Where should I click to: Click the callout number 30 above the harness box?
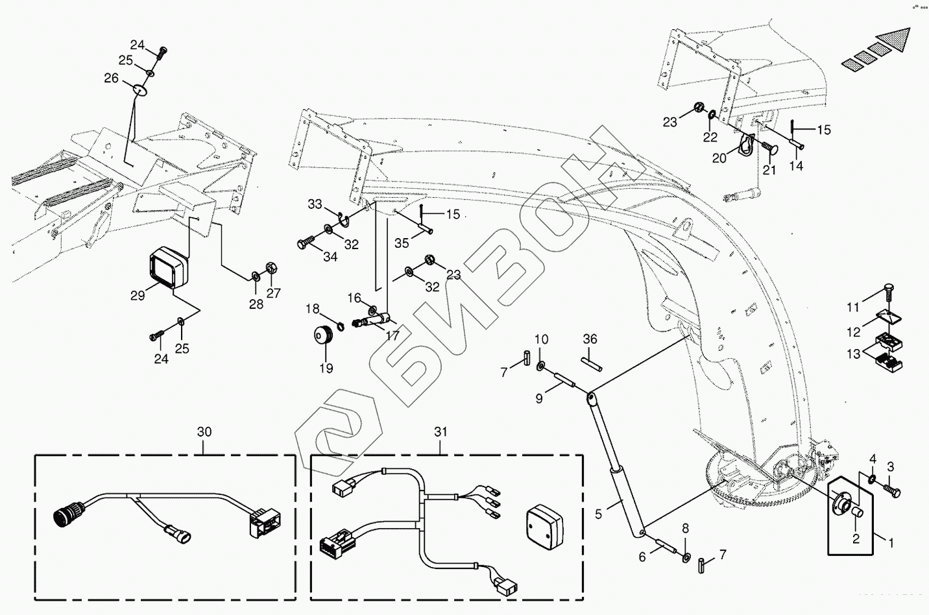204,432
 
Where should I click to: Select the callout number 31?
441,431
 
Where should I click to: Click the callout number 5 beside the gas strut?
598,513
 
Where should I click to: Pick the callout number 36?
590,339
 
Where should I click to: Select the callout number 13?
854,354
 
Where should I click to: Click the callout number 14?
796,166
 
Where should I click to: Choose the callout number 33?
315,205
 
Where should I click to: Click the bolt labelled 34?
306,245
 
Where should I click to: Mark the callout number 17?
392,336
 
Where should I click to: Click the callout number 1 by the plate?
891,540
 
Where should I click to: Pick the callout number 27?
274,293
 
